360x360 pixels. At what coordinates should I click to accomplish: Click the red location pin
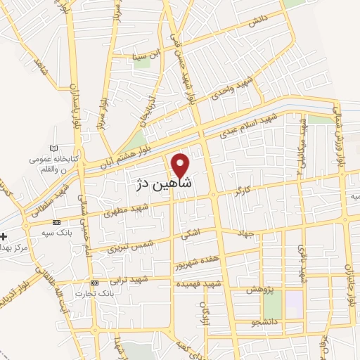point(181,165)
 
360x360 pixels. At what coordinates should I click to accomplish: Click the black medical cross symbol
point(4,236)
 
